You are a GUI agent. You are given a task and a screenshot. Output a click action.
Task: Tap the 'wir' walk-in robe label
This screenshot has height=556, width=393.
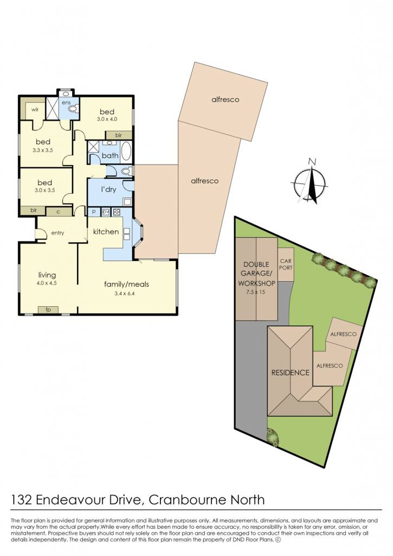click(x=35, y=109)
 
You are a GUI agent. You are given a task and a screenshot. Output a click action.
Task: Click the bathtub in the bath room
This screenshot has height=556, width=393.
click(x=126, y=152)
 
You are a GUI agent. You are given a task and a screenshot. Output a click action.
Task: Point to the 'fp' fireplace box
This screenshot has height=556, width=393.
click(x=48, y=309)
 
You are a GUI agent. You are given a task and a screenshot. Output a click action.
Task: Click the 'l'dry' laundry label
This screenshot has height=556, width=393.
click(x=108, y=189)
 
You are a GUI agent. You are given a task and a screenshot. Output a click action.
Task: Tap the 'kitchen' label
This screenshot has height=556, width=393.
click(x=106, y=231)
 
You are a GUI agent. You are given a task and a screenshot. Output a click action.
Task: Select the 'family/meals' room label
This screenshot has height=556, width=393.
click(x=126, y=284)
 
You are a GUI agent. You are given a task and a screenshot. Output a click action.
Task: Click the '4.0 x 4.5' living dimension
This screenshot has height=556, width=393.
click(x=47, y=283)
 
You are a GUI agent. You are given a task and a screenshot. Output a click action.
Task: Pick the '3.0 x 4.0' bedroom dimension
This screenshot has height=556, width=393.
click(x=107, y=119)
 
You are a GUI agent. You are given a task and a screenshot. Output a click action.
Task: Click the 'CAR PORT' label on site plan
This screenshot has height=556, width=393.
click(x=286, y=264)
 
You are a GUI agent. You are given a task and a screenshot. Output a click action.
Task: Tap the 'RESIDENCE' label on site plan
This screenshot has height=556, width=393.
click(x=291, y=372)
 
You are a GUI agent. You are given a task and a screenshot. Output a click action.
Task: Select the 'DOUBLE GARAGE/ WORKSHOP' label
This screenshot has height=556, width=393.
click(x=256, y=274)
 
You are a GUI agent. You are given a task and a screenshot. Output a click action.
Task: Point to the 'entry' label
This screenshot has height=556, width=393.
click(x=57, y=233)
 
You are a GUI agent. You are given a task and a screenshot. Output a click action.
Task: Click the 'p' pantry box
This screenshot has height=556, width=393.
click(x=94, y=212)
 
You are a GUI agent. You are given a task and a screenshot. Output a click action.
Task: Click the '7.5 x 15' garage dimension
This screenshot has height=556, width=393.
click(x=256, y=292)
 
